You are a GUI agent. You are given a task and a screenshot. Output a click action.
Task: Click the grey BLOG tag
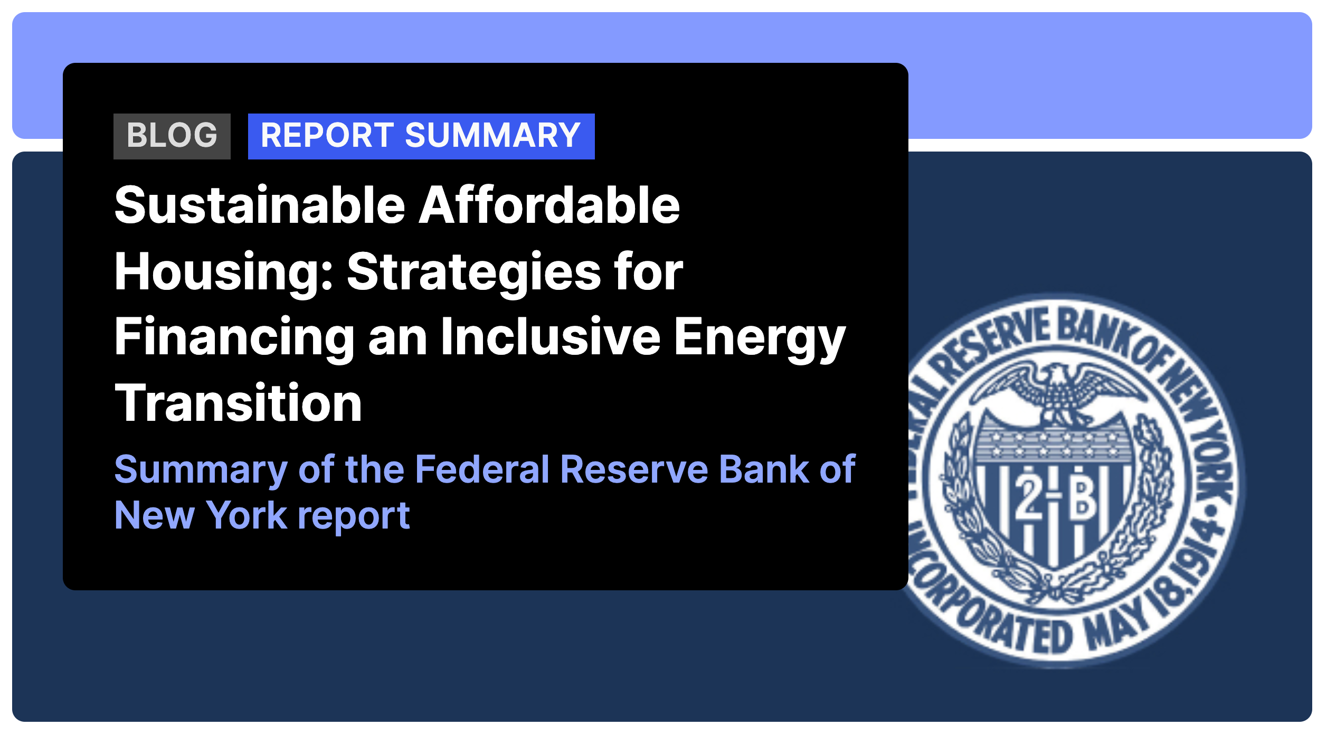[x=172, y=136]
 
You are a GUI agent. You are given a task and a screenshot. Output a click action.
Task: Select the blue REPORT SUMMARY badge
[x=421, y=136]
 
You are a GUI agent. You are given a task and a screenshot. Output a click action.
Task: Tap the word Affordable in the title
[x=549, y=205]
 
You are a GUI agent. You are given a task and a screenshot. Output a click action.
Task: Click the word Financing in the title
[x=235, y=338]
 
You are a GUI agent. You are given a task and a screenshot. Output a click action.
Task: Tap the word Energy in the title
[x=760, y=338]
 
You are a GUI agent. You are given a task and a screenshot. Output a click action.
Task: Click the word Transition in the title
[x=239, y=403]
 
